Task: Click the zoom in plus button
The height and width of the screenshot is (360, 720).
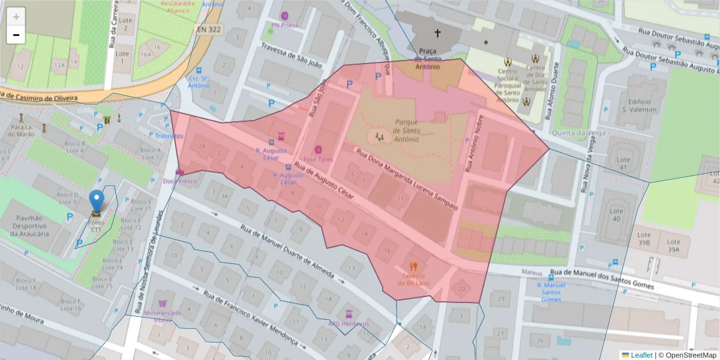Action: (x=16, y=17)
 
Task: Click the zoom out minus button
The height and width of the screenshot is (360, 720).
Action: (x=16, y=35)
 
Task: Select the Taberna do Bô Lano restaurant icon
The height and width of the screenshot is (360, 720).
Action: (x=413, y=266)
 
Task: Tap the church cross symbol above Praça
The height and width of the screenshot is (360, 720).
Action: (x=437, y=34)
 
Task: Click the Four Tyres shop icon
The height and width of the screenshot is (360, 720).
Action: (x=318, y=149)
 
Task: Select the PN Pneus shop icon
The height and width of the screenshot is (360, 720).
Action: (x=284, y=16)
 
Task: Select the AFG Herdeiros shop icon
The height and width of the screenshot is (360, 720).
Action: (x=348, y=314)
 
